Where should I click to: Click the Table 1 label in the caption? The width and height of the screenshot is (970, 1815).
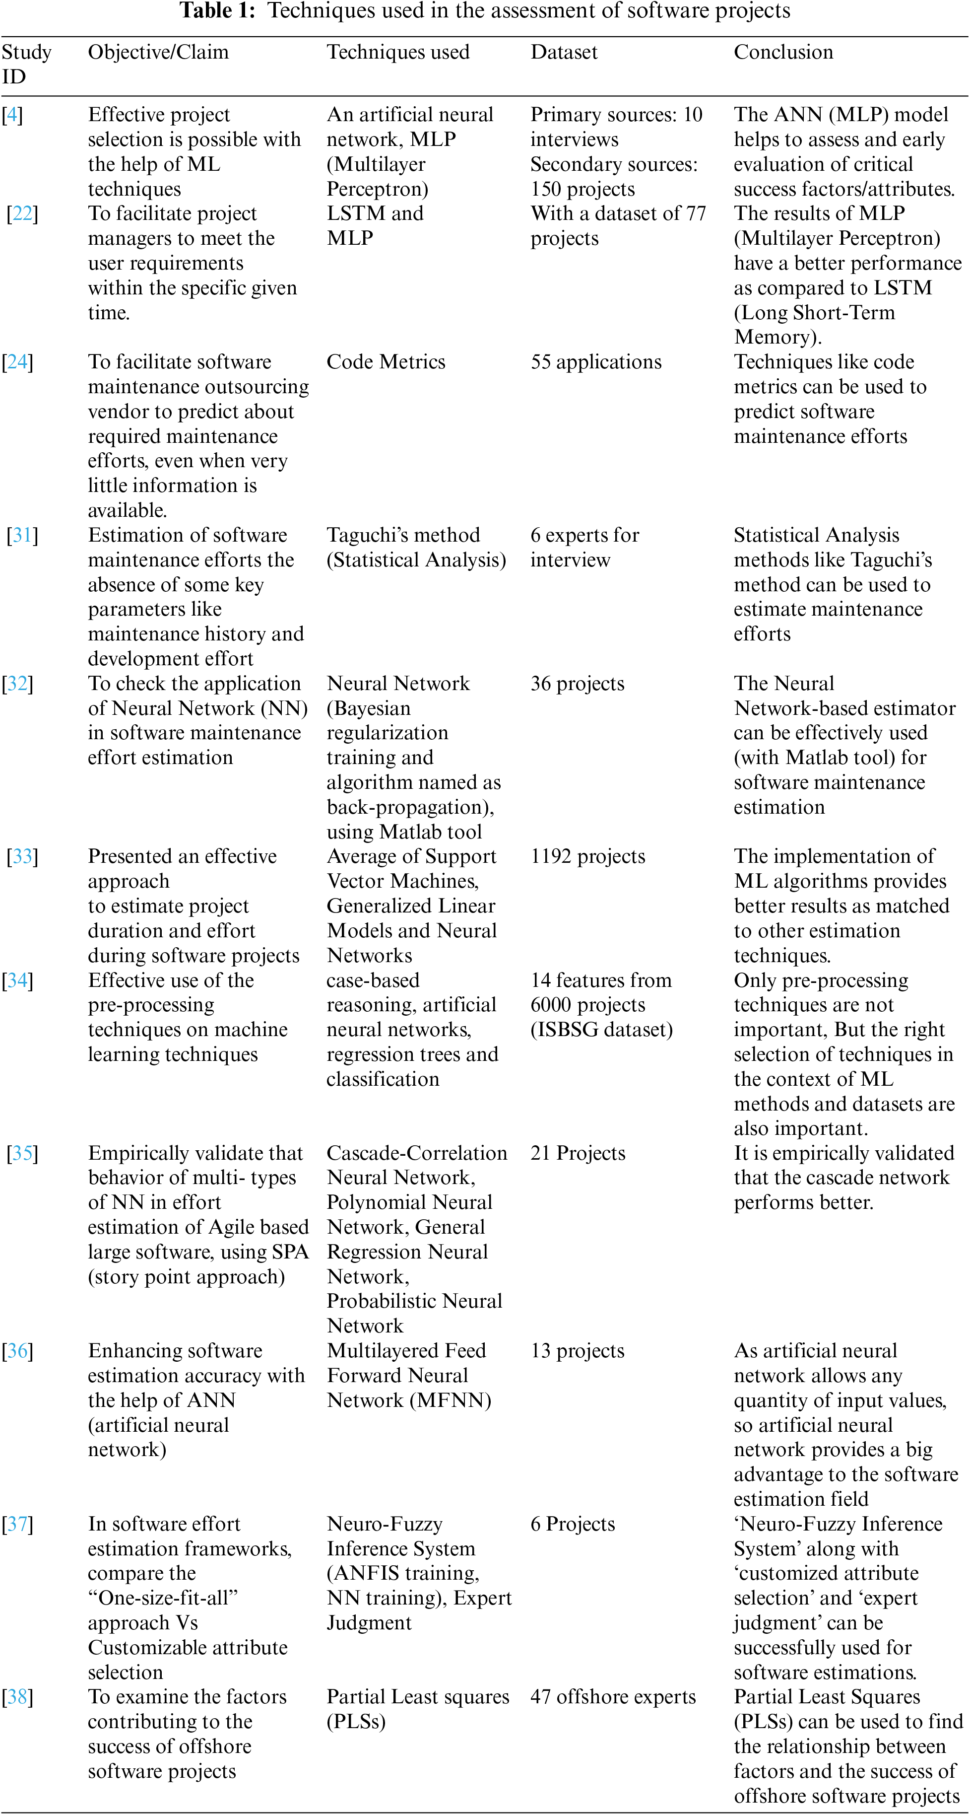tap(217, 11)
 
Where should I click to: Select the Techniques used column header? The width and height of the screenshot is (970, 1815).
tap(398, 52)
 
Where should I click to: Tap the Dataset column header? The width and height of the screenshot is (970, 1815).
tap(564, 52)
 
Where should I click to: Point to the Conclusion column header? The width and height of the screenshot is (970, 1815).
tap(783, 52)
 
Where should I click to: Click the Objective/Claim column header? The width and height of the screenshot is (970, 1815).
tap(158, 52)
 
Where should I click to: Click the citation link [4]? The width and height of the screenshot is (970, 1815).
tap(12, 115)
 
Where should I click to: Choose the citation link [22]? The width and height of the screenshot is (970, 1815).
tap(22, 213)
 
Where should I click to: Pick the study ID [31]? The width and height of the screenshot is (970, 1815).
tap(22, 536)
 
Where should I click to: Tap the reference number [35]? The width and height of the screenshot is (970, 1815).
tap(22, 1153)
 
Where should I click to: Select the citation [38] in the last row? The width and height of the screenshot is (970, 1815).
tap(17, 1697)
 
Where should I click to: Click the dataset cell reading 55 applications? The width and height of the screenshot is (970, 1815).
tap(596, 362)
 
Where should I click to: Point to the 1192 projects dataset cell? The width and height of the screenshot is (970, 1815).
tap(587, 857)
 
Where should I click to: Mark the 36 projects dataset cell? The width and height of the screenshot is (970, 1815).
tap(577, 684)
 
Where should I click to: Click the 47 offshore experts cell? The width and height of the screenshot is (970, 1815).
tap(613, 1697)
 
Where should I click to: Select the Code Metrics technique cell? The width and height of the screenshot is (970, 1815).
tap(386, 362)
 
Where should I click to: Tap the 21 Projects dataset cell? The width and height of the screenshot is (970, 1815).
tap(578, 1153)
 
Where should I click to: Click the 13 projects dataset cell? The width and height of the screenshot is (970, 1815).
tap(577, 1351)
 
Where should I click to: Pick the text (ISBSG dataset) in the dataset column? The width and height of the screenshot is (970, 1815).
tap(601, 1030)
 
